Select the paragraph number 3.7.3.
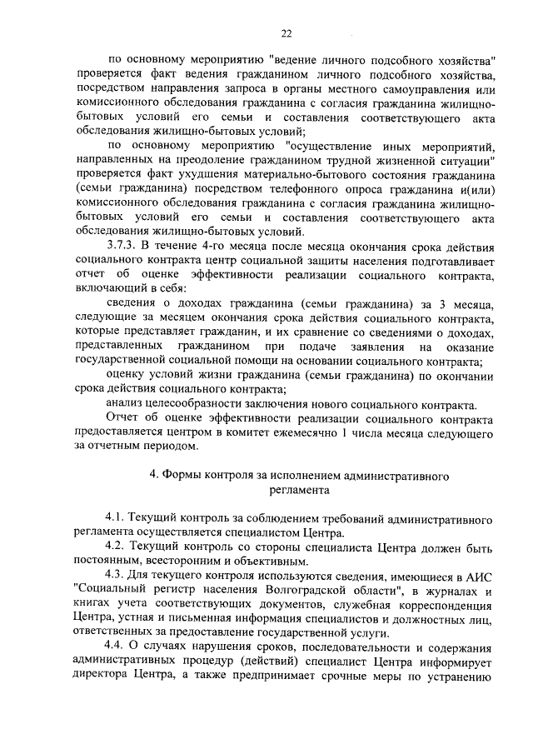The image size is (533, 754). [x=124, y=247]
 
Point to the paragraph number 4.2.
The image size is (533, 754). [x=115, y=548]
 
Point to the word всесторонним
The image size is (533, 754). [x=161, y=562]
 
